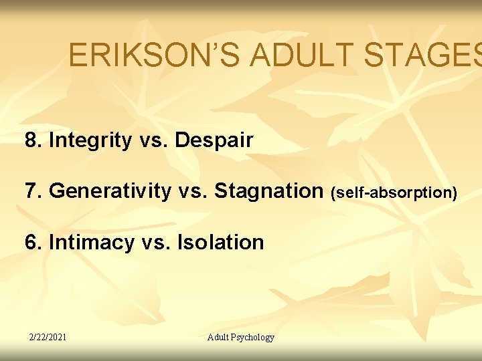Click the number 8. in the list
coord(33,140)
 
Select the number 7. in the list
coord(33,191)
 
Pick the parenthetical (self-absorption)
coord(394,193)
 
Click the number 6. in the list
coord(33,242)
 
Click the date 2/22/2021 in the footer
coord(47,337)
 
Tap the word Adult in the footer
coord(220,337)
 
